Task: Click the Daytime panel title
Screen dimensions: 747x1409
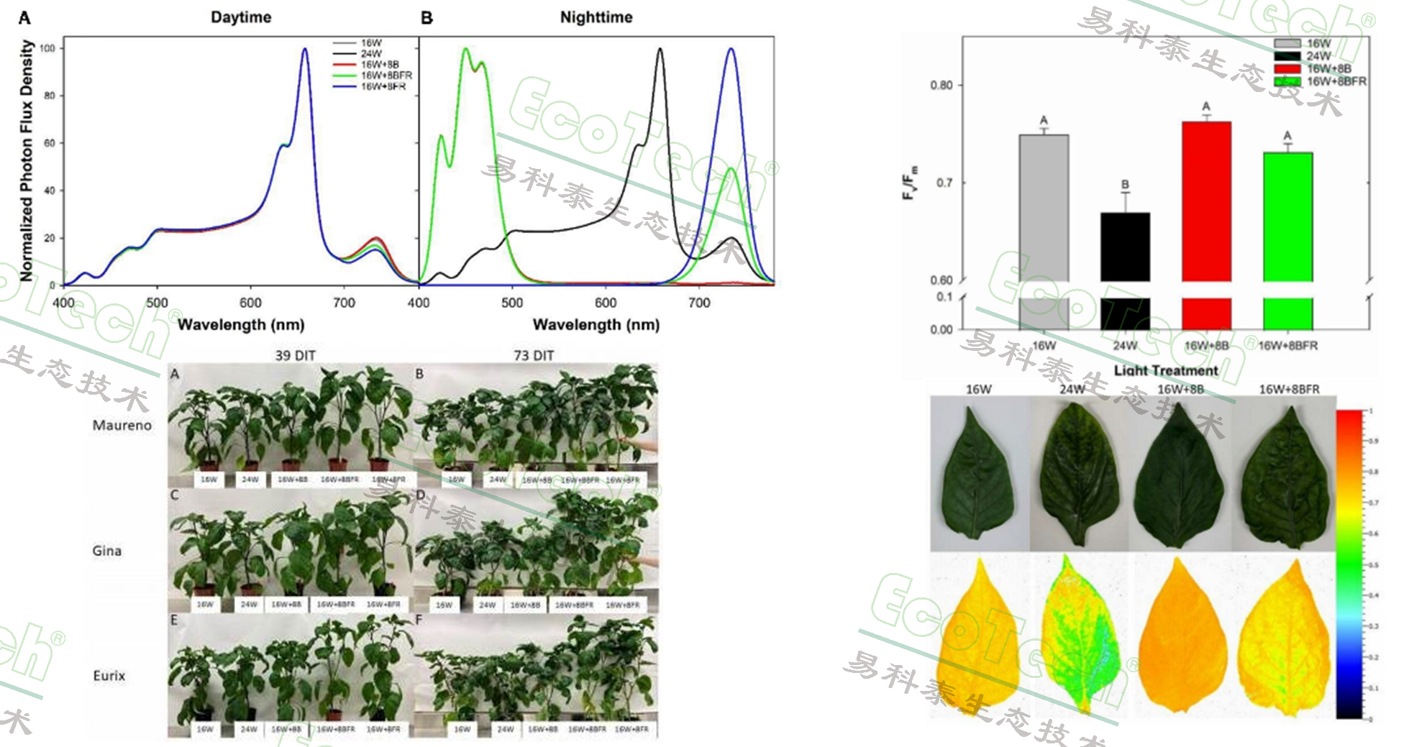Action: click(x=241, y=17)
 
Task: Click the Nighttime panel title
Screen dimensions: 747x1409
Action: click(x=596, y=17)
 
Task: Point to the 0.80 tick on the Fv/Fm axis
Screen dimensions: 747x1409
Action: click(x=941, y=86)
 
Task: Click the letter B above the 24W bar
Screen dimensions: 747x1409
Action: click(x=1125, y=185)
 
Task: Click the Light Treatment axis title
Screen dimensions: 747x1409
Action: click(x=1165, y=370)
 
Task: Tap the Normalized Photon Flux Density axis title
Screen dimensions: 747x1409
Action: click(x=27, y=160)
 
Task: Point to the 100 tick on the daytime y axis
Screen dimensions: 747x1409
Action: click(x=47, y=48)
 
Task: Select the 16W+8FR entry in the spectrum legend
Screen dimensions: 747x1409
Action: click(x=383, y=86)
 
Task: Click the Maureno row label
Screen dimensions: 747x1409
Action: click(x=122, y=426)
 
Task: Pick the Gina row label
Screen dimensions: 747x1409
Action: click(x=106, y=551)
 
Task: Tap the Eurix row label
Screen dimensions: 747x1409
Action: click(x=109, y=676)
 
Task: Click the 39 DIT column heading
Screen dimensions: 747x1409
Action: click(x=295, y=355)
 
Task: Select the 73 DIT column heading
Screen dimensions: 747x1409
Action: click(x=534, y=355)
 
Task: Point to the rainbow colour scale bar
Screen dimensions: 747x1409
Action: click(x=1349, y=564)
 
